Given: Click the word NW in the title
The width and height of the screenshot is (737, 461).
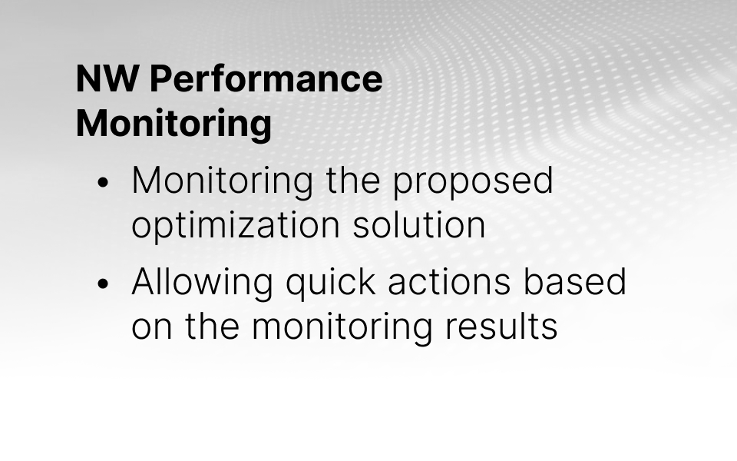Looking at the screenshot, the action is point(107,78).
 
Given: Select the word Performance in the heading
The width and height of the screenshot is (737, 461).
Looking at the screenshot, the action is point(266,78).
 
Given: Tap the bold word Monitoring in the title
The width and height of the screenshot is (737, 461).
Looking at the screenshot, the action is point(174,124).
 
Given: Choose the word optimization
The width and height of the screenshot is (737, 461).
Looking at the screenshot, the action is point(236,225).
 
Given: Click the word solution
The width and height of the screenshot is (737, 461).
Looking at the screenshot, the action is point(419,225).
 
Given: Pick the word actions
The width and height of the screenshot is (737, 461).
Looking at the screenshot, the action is point(449,283).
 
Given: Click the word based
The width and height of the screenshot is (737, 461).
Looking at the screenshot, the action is point(575,282).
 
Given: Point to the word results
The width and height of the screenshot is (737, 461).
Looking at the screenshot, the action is point(501,326).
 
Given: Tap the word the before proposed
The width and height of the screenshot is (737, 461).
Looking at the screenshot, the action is point(353,180).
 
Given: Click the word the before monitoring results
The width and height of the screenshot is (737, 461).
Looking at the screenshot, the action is point(212,326).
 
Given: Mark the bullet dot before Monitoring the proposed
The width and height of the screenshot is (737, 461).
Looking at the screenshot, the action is point(102,183).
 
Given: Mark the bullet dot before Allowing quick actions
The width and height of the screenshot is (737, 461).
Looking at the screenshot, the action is point(102,284).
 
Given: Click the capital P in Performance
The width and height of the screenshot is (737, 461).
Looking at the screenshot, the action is point(160,78).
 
